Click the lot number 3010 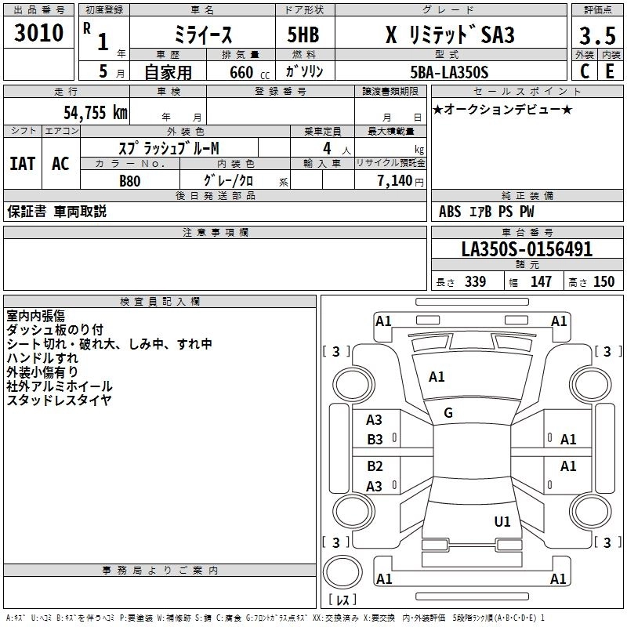pos(39,32)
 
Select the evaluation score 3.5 pos(596,36)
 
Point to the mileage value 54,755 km pos(95,113)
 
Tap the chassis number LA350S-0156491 pos(527,249)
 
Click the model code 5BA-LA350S pos(449,72)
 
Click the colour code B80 pos(130,179)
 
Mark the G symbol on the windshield pos(448,412)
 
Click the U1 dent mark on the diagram pos(502,521)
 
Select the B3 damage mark pos(375,440)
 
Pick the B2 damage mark pos(375,466)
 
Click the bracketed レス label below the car pos(342,600)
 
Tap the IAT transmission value pos(22,163)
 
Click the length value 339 pos(474,282)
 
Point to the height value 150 pos(603,282)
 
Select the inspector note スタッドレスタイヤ pos(59,400)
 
